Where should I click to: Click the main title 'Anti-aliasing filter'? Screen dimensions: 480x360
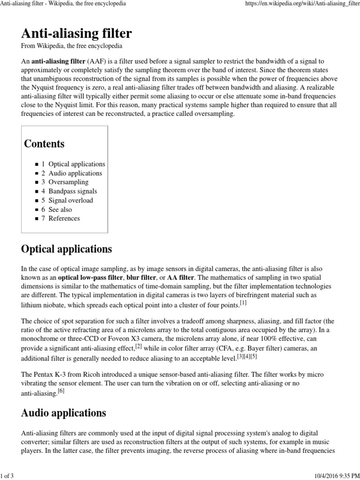point(76,34)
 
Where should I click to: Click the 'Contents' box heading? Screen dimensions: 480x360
point(45,144)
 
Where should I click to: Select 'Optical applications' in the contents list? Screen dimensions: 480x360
point(76,165)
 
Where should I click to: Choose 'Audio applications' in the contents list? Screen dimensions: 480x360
point(75,173)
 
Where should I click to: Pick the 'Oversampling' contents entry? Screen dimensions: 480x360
point(68,182)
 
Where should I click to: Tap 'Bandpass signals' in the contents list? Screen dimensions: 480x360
point(73,191)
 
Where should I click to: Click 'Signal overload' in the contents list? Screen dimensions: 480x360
point(71,200)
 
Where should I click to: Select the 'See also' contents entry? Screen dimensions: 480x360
point(60,210)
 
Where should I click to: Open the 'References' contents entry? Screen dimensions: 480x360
point(64,218)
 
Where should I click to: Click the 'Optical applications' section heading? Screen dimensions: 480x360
point(67,249)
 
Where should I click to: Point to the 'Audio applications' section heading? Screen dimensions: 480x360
point(64,413)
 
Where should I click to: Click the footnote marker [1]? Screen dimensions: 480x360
point(243,303)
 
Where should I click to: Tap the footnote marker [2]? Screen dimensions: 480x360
point(139,346)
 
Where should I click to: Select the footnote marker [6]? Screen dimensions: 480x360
point(60,390)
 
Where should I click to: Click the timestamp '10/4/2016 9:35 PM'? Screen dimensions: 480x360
point(334,476)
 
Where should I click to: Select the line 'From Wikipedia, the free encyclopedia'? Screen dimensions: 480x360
point(72,46)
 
